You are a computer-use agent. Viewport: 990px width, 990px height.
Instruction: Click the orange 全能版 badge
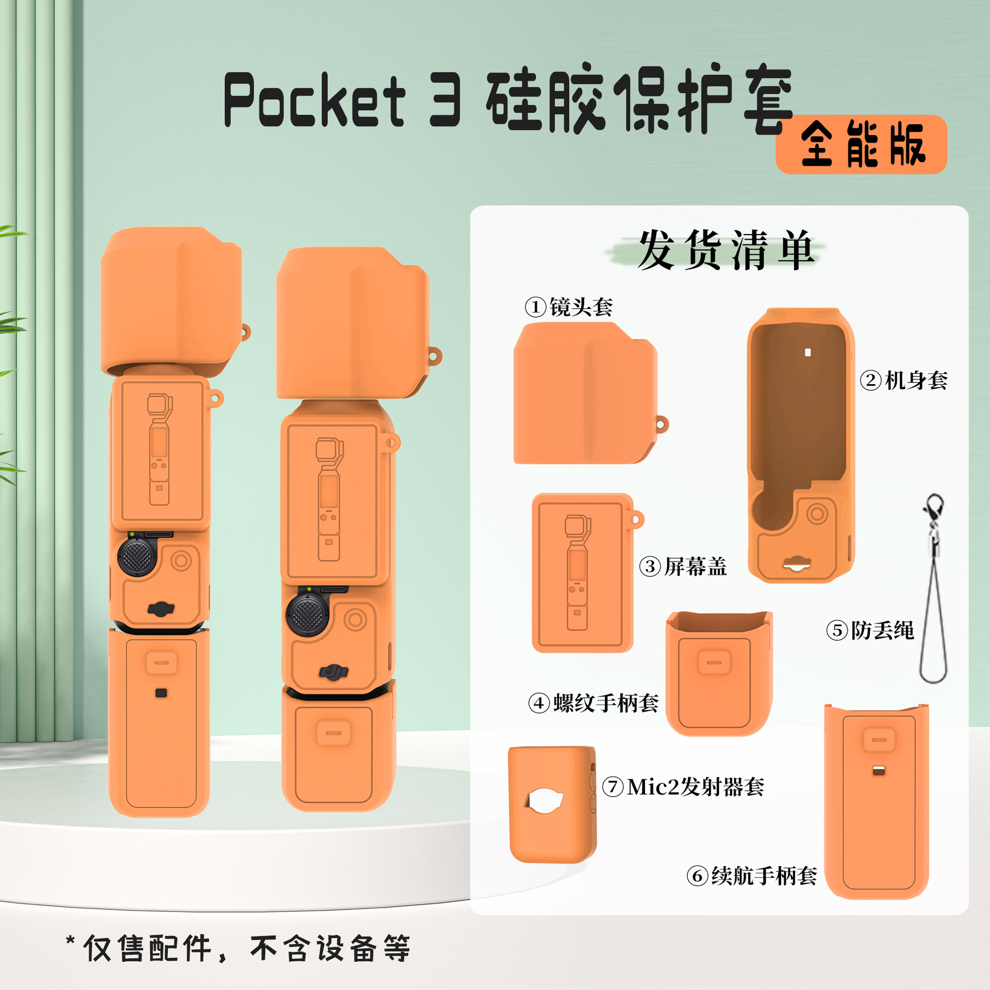(861, 144)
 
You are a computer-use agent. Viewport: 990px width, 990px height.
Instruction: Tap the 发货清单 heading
(724, 250)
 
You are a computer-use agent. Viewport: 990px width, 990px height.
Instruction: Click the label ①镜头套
(569, 307)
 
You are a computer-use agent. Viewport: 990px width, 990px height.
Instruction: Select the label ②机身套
(904, 381)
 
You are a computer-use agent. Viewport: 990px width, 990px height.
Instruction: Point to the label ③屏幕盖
(683, 567)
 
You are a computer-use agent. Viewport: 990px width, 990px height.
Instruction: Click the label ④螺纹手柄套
(593, 703)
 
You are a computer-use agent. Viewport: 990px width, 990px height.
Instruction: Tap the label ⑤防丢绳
(870, 630)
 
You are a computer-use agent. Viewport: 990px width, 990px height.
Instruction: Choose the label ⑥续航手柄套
(752, 876)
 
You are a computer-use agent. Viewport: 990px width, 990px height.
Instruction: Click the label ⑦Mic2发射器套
(683, 787)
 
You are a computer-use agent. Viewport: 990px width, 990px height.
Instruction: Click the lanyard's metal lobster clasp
(934, 508)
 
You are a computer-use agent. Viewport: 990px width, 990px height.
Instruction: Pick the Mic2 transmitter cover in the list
(552, 804)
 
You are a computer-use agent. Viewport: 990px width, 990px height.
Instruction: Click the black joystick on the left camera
(137, 557)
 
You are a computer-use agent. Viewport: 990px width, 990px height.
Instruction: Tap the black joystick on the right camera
(307, 615)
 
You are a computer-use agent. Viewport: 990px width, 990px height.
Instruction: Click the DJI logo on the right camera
(334, 672)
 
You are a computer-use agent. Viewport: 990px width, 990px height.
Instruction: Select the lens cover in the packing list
(585, 394)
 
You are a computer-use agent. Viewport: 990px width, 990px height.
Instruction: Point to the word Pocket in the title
(315, 101)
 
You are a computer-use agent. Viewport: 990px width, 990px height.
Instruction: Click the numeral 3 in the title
(444, 101)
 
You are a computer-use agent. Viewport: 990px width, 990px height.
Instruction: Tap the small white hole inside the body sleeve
(807, 353)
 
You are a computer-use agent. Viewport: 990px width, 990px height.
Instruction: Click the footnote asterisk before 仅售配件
(71, 940)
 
